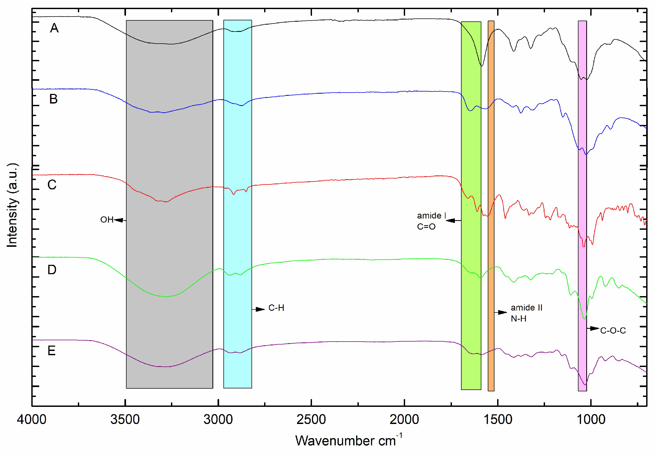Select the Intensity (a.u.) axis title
click(x=12, y=205)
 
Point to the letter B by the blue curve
click(x=53, y=99)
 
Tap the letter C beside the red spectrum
click(x=52, y=185)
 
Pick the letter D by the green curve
click(x=52, y=270)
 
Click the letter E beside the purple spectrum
click(x=52, y=351)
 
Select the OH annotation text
click(x=107, y=220)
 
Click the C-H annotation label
click(x=276, y=308)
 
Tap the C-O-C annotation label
click(x=613, y=331)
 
